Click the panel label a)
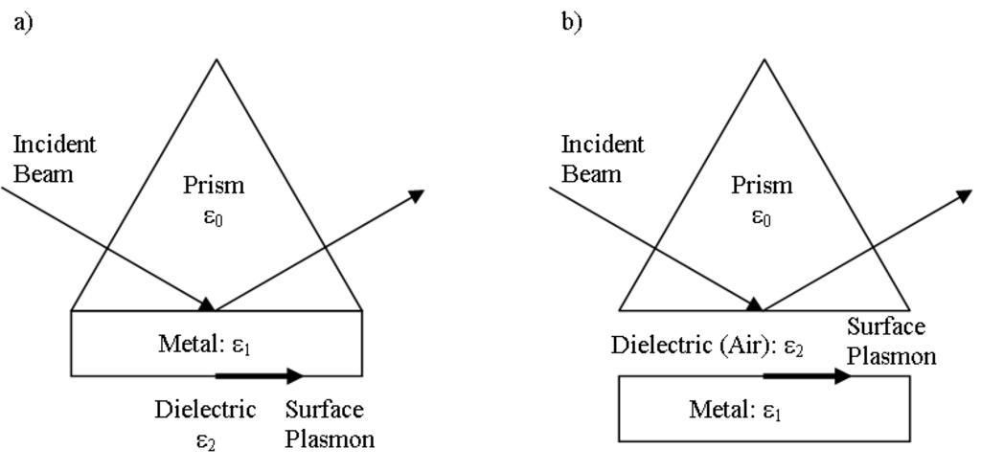click(23, 21)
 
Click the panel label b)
click(571, 21)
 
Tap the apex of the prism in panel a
click(216, 60)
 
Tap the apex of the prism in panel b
click(764, 60)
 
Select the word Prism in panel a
click(213, 185)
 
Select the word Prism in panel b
click(762, 185)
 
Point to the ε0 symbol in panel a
click(213, 218)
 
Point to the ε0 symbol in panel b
click(762, 218)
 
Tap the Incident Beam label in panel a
click(55, 159)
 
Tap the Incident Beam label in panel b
click(603, 159)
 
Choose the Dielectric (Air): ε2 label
click(707, 345)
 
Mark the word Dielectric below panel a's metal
click(205, 410)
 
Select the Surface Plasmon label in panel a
click(330, 424)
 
